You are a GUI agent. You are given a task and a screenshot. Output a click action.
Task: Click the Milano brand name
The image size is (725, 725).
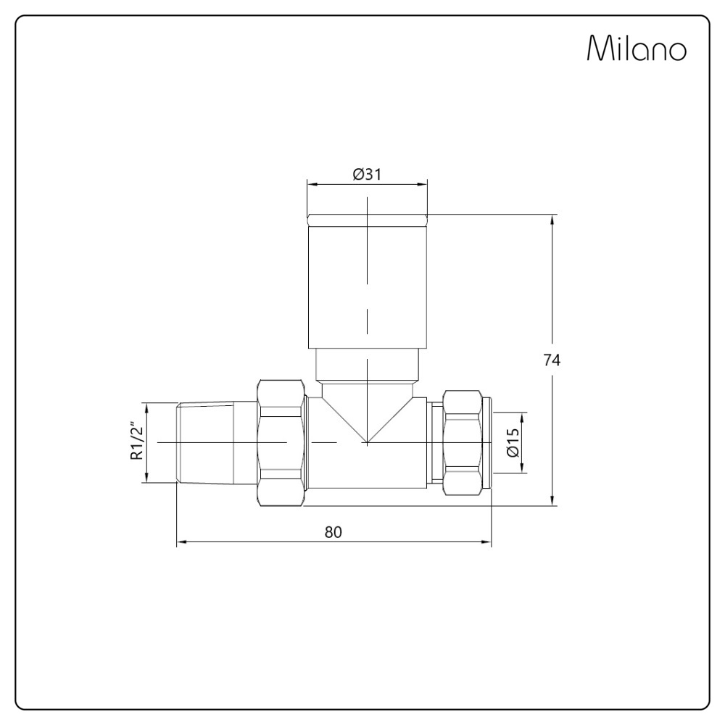point(637,48)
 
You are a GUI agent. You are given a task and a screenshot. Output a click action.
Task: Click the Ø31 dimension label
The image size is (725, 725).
point(367,174)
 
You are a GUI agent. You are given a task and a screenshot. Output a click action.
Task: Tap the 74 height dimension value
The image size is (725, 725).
point(551,360)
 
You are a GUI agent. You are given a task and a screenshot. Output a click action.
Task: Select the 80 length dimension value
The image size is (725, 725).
point(333,532)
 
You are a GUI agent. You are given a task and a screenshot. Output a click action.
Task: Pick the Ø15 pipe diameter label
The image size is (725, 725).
point(513,442)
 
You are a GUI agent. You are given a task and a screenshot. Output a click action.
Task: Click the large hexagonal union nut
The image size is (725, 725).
point(281,444)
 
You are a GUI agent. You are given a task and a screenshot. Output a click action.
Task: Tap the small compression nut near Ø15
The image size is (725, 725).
point(462,442)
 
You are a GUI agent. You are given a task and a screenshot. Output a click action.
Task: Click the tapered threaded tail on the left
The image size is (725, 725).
point(205,444)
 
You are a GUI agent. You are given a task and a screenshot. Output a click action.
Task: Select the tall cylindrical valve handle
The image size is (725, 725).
point(367,281)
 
